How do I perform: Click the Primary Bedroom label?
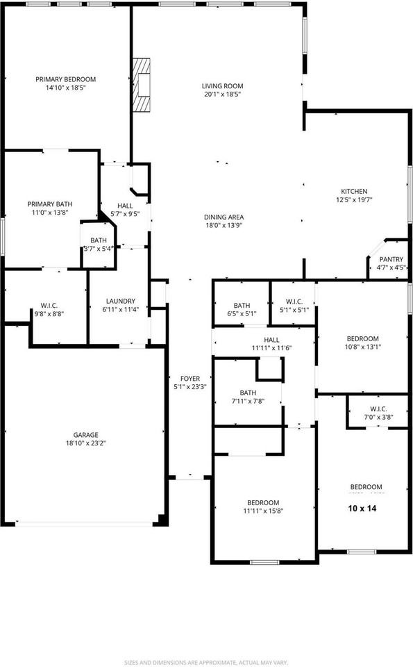(x=65, y=79)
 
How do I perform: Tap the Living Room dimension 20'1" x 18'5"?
(x=222, y=94)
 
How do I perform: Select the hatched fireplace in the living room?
(x=141, y=85)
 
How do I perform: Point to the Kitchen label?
(x=354, y=192)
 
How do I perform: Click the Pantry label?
(x=391, y=259)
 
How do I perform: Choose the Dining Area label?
(x=224, y=217)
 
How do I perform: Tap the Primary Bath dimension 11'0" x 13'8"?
(x=50, y=213)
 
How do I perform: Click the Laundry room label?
(x=120, y=301)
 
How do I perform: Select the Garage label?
(x=86, y=435)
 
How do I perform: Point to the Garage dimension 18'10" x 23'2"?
(x=86, y=443)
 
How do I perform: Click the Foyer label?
(x=190, y=379)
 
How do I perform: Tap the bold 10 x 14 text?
(x=362, y=508)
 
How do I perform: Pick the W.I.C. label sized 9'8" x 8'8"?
(x=49, y=306)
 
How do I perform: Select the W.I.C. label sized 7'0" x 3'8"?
(x=378, y=409)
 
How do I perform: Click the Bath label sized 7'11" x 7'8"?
(x=248, y=393)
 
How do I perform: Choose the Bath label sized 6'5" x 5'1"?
(x=242, y=306)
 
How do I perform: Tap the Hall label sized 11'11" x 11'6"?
(x=271, y=340)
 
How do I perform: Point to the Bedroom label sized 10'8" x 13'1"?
(x=362, y=338)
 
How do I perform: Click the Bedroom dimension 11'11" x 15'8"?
(x=263, y=511)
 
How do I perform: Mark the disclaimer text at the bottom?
(x=207, y=662)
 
